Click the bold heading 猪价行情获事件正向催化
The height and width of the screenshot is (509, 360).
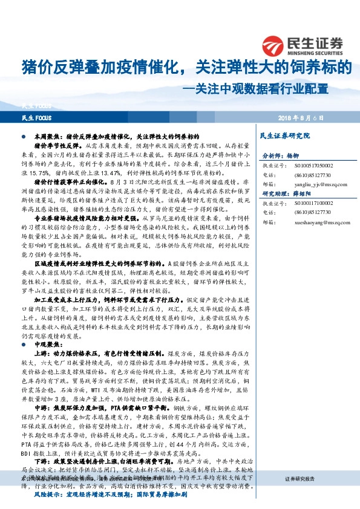[68, 181]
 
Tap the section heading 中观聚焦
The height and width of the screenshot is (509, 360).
[46, 344]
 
